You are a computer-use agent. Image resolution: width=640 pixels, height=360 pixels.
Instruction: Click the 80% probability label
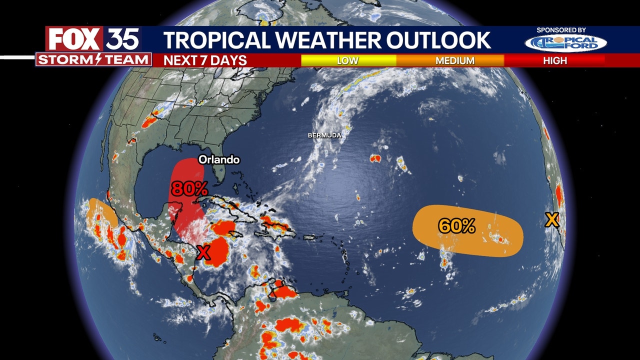click(x=189, y=188)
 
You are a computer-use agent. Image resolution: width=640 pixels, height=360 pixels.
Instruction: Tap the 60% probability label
click(x=456, y=226)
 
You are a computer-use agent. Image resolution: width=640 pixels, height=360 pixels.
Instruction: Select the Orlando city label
click(x=219, y=160)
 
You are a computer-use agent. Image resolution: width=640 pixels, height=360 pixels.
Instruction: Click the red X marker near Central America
click(x=203, y=253)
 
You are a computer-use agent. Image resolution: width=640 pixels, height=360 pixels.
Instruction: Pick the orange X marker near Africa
click(x=551, y=219)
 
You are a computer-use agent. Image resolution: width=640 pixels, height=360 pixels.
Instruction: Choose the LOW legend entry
click(x=347, y=60)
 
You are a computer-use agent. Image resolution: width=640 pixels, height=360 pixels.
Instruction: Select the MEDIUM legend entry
click(x=454, y=60)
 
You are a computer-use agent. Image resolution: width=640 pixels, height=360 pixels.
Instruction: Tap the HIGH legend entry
click(x=555, y=60)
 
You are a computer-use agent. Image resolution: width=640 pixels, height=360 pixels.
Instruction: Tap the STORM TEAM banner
click(x=93, y=60)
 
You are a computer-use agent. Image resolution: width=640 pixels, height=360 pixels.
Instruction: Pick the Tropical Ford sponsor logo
click(x=565, y=43)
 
